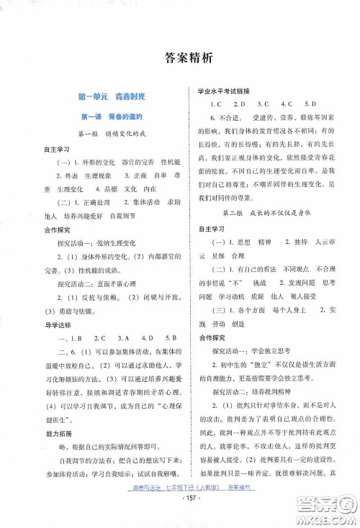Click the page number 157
coord(181,516)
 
